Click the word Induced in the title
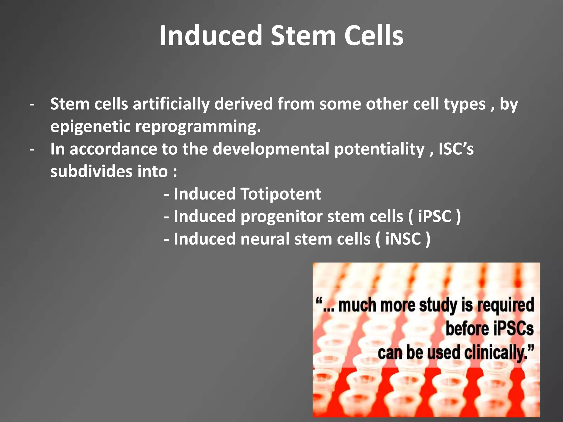click(x=211, y=36)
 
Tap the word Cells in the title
click(x=374, y=36)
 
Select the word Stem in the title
click(x=303, y=36)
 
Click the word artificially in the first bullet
click(x=171, y=104)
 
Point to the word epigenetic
click(x=90, y=127)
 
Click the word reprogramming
click(x=198, y=127)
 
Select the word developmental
click(x=271, y=149)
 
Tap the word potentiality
click(x=379, y=149)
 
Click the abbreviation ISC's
click(x=456, y=149)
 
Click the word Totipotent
click(x=281, y=194)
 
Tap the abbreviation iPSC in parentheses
click(x=435, y=216)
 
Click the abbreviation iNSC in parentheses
click(x=403, y=239)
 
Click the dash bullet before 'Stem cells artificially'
click(x=32, y=105)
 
